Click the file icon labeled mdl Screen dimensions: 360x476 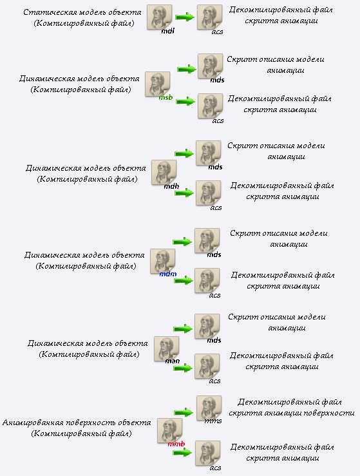click(159, 17)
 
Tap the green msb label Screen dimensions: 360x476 click(166, 97)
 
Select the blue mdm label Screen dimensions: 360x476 click(168, 274)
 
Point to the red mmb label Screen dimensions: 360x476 click(176, 444)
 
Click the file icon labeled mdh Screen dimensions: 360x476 click(164, 173)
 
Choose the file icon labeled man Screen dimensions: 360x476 click(166, 349)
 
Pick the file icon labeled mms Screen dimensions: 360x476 click(209, 408)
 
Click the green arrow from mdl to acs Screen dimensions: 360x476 click(185, 17)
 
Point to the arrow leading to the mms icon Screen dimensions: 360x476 click(184, 412)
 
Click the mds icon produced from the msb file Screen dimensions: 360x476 click(210, 66)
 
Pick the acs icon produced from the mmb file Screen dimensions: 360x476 click(207, 453)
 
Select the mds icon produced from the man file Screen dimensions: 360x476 click(207, 327)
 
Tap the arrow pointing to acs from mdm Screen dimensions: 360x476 click(184, 280)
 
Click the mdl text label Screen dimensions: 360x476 click(168, 31)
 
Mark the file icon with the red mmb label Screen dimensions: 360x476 click(169, 430)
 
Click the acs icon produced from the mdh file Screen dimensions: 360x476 click(208, 193)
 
